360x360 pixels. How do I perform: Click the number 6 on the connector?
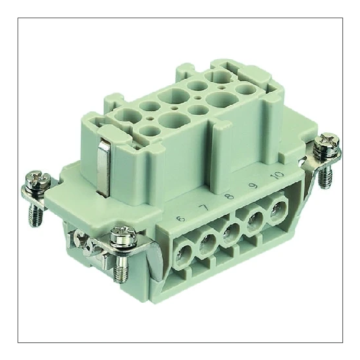point(180,219)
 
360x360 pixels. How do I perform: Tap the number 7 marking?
point(204,209)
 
